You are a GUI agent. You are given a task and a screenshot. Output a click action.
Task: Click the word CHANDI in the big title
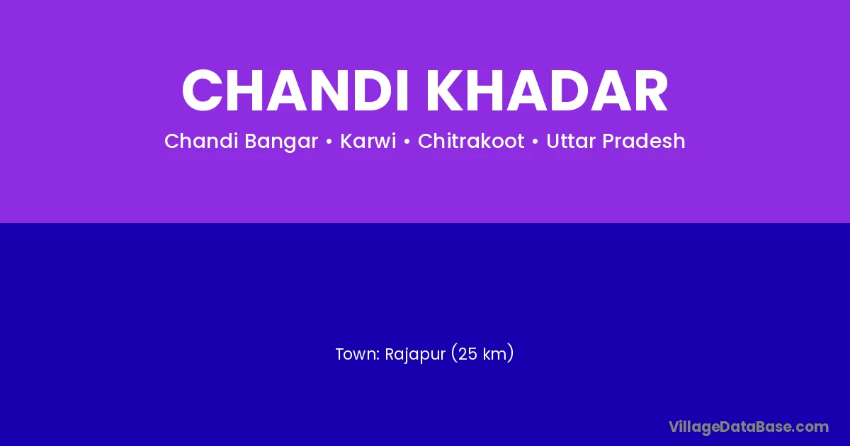coord(295,91)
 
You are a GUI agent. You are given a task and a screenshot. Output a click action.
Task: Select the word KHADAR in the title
coord(547,91)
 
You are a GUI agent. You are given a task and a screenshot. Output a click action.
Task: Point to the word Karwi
coord(368,141)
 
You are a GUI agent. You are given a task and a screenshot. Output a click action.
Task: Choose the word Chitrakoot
coord(471,141)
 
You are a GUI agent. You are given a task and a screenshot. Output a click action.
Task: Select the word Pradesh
coord(644,141)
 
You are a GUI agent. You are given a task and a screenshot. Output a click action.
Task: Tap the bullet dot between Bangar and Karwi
coord(329,142)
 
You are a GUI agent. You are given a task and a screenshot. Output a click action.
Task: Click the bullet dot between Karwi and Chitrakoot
coord(407,142)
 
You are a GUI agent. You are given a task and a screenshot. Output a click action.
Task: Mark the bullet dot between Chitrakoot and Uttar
coord(535,142)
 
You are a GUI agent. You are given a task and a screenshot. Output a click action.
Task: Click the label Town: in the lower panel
coord(358,354)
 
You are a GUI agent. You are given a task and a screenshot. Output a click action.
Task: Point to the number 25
coord(467,354)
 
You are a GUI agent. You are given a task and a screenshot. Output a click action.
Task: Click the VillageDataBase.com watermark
coord(749,427)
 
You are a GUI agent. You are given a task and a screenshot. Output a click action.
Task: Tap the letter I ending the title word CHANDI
coord(402,91)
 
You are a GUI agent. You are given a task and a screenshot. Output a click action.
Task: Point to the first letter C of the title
coord(202,91)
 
